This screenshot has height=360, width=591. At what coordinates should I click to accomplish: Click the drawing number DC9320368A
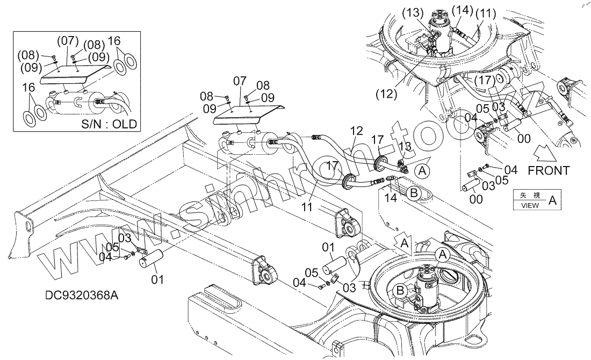point(82,295)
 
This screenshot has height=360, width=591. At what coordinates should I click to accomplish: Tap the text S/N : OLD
point(109,124)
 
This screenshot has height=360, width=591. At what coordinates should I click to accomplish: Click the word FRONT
point(549,171)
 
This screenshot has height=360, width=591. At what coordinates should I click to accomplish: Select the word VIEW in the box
point(530,205)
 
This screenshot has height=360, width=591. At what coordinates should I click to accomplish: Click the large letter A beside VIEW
point(552,200)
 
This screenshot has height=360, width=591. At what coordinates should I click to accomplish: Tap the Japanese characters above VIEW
point(530,195)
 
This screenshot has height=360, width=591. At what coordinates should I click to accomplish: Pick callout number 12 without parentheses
point(356,131)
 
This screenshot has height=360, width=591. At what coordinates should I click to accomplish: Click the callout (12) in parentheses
point(386,93)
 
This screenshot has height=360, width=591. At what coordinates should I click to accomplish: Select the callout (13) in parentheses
point(413,13)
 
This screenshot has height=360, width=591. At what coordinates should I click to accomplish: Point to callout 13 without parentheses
point(405,147)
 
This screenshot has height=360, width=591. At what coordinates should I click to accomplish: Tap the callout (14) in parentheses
point(462,10)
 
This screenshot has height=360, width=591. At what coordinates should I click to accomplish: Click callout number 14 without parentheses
point(391,198)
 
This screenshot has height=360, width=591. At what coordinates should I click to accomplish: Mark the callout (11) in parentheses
point(486,13)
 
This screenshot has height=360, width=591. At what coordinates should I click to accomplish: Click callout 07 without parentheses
point(240,81)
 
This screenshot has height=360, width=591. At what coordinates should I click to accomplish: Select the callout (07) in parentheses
point(68,41)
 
